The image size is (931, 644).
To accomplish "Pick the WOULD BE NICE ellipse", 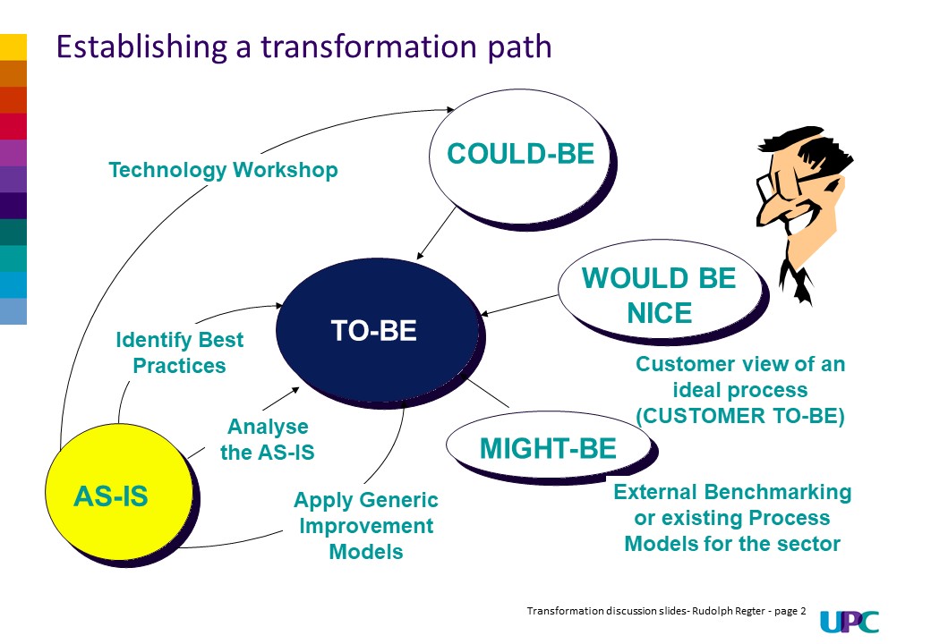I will [x=659, y=294].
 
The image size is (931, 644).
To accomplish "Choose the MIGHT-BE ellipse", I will [x=547, y=446].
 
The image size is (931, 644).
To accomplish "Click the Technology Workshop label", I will [x=223, y=170].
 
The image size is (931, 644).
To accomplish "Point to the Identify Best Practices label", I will [x=179, y=352].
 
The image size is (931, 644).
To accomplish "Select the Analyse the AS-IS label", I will [x=267, y=439].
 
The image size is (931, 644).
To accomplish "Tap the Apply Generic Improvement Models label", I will [x=366, y=525].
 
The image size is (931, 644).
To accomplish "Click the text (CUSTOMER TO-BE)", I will [x=739, y=416].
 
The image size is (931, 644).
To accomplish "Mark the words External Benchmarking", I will [x=732, y=492].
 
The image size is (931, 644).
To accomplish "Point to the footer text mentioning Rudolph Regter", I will [x=667, y=611].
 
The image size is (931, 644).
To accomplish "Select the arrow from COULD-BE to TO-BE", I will [x=436, y=233].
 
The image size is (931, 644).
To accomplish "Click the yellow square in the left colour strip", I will [x=13, y=47].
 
